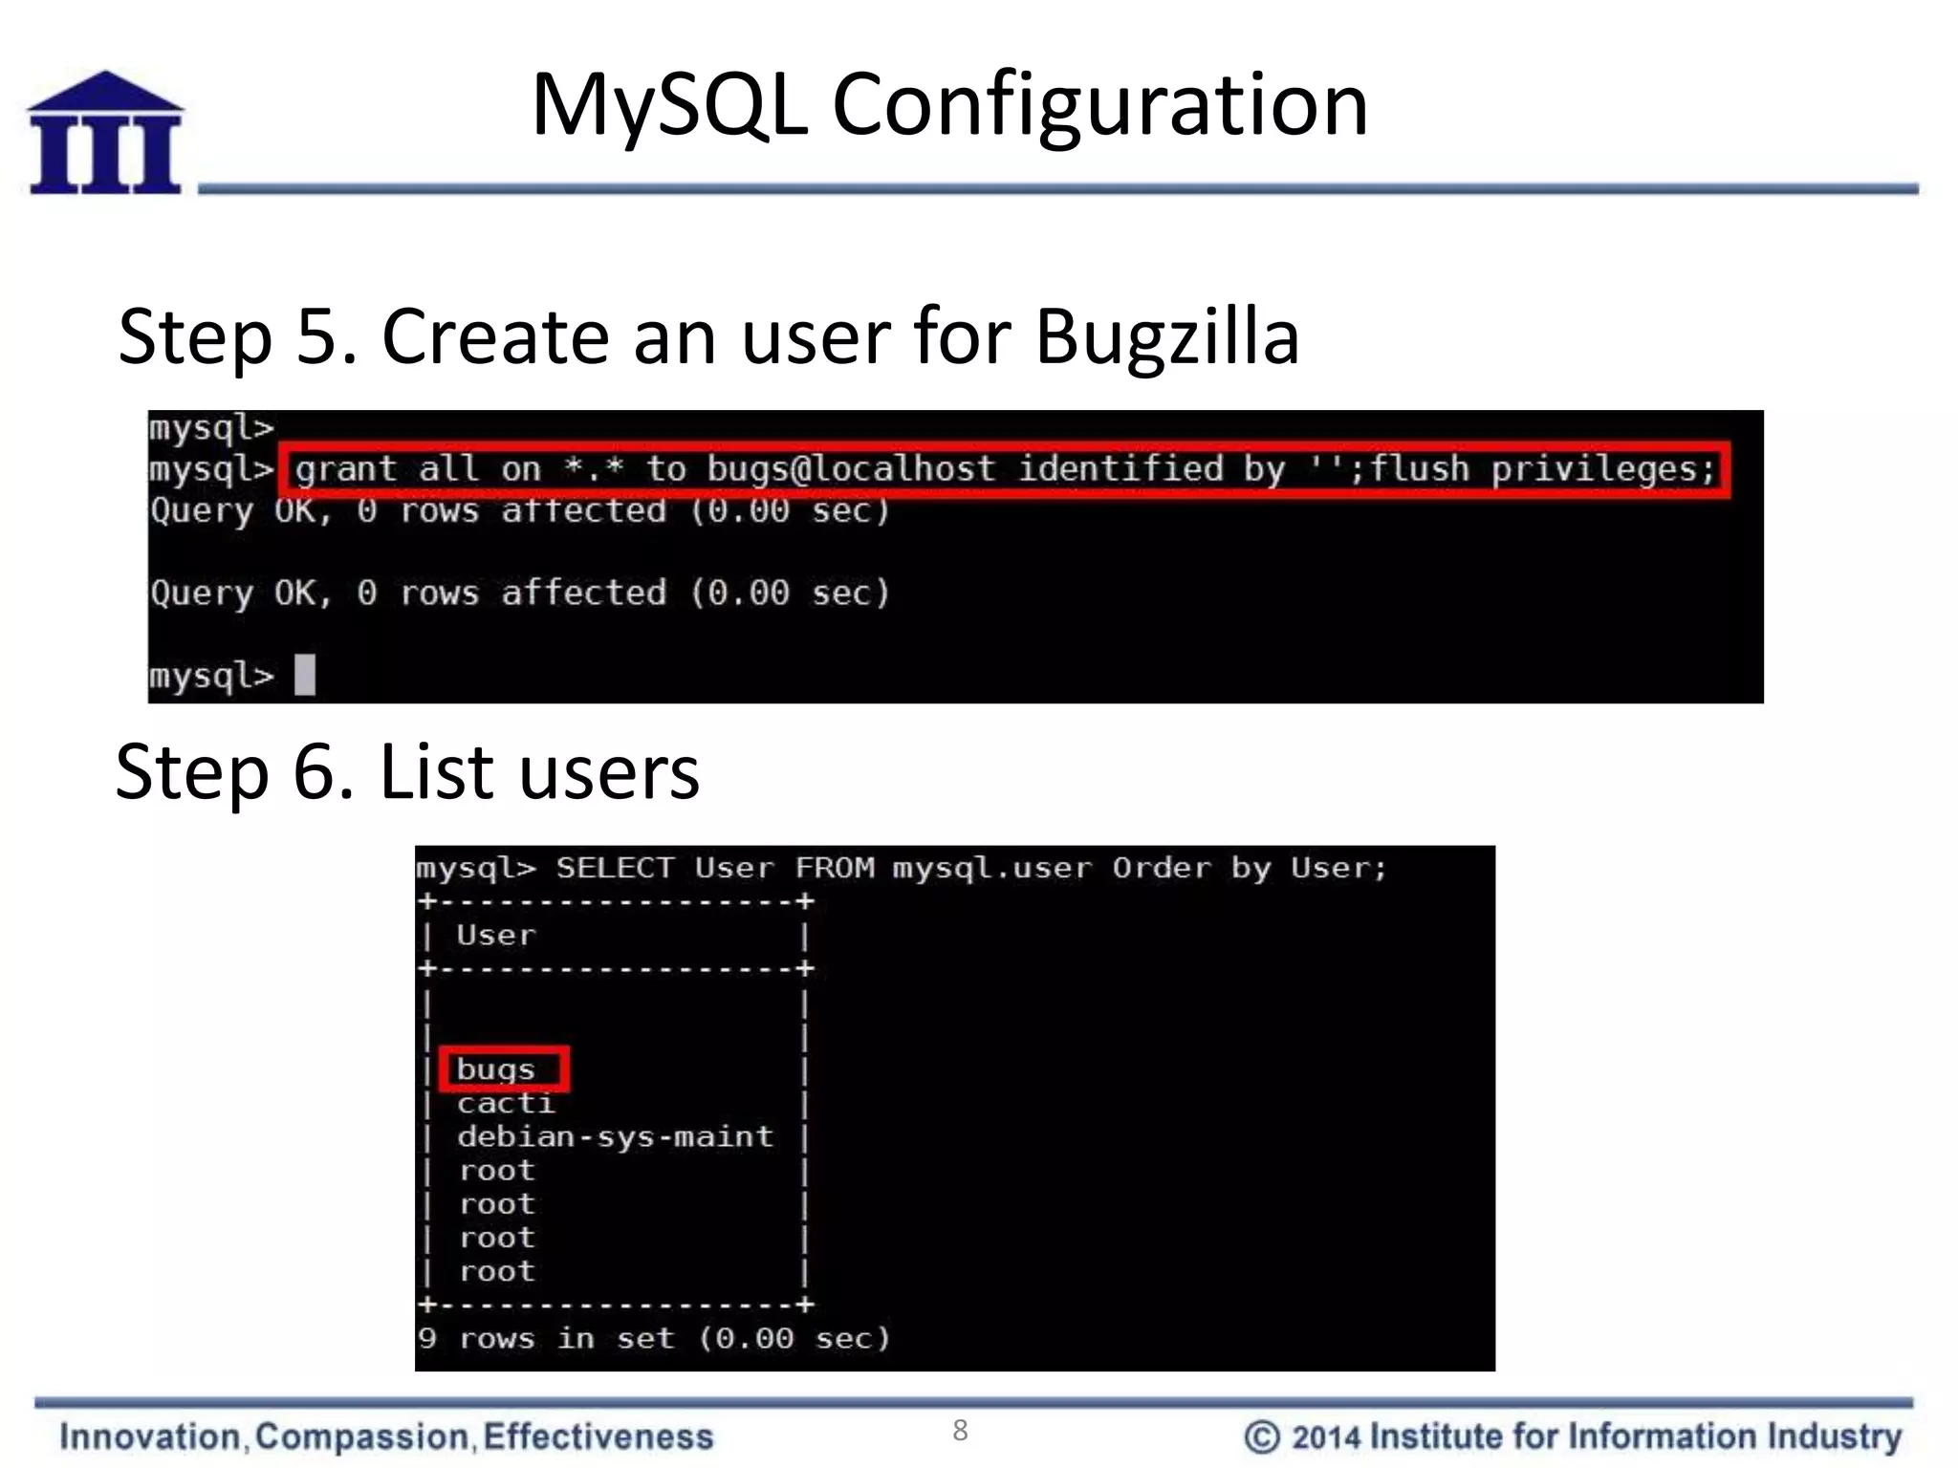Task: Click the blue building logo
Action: coord(105,134)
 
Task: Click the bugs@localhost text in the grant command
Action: coord(851,469)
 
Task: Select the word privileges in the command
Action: coord(1603,469)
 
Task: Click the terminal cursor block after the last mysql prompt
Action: coord(305,675)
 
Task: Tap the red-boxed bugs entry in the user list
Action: coord(496,1069)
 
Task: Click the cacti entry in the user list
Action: coord(506,1104)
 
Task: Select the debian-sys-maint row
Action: coord(615,1137)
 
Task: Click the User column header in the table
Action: coord(496,935)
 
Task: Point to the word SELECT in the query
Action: coord(615,868)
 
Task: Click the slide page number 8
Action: coord(960,1431)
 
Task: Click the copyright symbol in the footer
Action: coord(1261,1436)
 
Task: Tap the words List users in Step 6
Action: coord(540,771)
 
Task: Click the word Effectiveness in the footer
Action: coord(598,1436)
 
